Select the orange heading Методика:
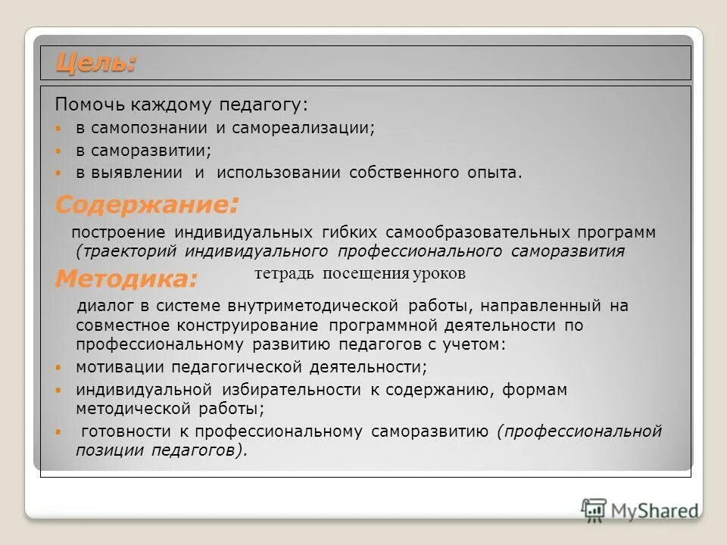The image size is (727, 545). tap(126, 279)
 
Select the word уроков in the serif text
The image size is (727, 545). tap(439, 274)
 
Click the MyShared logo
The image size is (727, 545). tap(640, 509)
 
